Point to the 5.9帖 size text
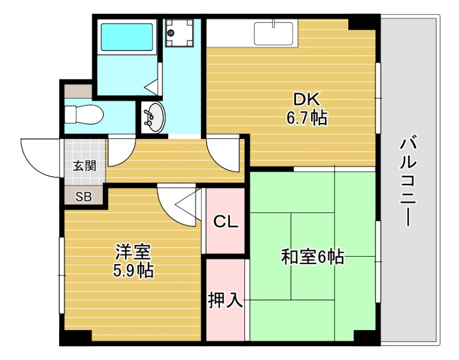point(133,270)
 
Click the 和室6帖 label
point(312,257)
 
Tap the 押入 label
point(225,299)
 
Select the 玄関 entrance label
point(84,167)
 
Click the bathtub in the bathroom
point(127,36)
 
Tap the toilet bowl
point(84,114)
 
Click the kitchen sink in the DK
point(274,33)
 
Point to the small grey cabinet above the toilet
point(77,91)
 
